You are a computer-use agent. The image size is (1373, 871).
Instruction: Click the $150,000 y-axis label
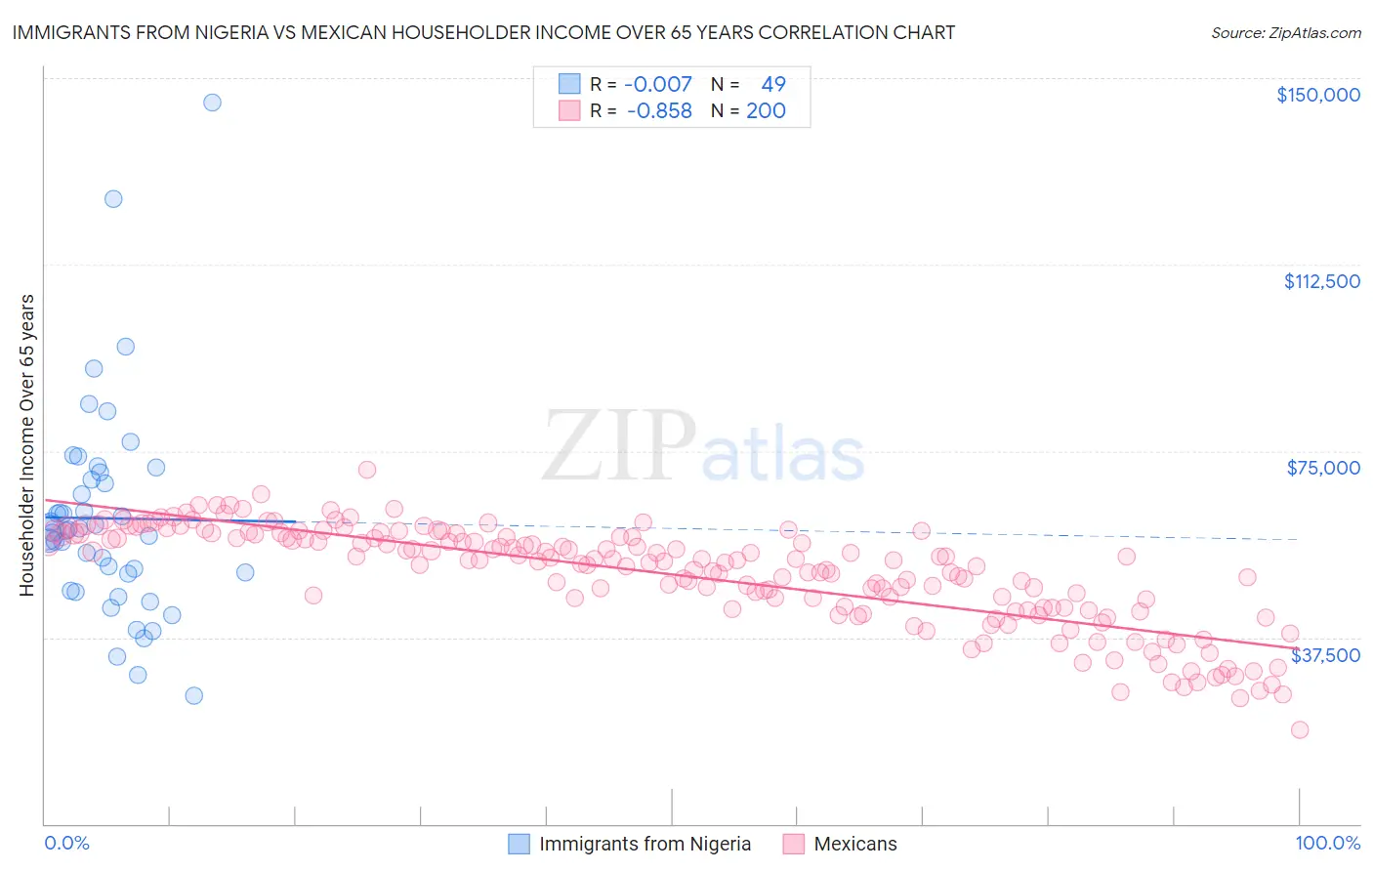coord(1317,95)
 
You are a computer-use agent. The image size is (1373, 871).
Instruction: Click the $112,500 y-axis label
coord(1321,281)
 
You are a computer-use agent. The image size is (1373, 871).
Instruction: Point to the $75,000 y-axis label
coord(1323,468)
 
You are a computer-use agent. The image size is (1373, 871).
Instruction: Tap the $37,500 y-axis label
coord(1325,655)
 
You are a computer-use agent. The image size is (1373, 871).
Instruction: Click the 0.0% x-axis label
coord(66,843)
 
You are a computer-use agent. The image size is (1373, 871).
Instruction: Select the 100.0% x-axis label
coord(1327,843)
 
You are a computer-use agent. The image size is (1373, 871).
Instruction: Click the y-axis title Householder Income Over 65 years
coord(27,444)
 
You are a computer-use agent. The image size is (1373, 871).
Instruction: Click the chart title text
coord(483,32)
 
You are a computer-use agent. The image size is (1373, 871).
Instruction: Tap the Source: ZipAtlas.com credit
coord(1285,32)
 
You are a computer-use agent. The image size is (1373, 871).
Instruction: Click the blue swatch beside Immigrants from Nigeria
coord(519,844)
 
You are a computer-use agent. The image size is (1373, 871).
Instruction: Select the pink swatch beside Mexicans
coord(793,844)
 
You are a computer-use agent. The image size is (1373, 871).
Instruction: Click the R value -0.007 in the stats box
coord(658,85)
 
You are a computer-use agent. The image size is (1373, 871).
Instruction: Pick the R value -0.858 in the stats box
coord(658,111)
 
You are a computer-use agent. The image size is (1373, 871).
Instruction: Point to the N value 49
coord(772,85)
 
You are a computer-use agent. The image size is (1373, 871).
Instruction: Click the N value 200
coord(766,111)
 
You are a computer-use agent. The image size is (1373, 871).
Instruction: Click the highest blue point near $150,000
coord(212,103)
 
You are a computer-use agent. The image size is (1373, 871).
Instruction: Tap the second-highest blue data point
coord(113,199)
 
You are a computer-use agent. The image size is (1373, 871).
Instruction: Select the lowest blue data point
coord(194,695)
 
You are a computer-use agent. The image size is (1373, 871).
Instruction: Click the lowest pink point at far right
coord(1299,729)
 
